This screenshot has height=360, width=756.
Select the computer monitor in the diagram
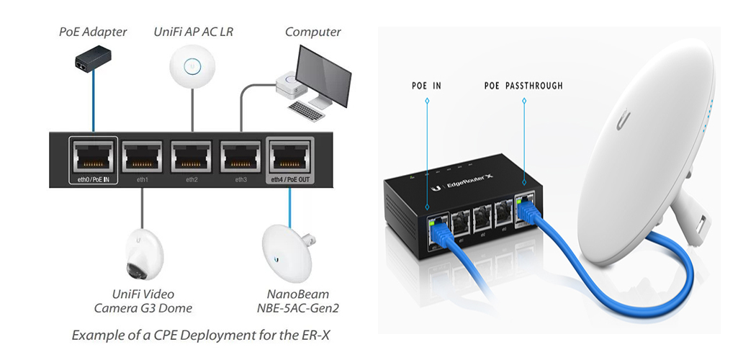point(324,75)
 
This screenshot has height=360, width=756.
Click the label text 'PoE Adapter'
point(93,32)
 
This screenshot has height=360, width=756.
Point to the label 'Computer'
point(312,32)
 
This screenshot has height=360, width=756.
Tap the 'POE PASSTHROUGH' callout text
point(523,86)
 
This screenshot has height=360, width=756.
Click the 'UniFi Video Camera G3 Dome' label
point(143,301)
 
